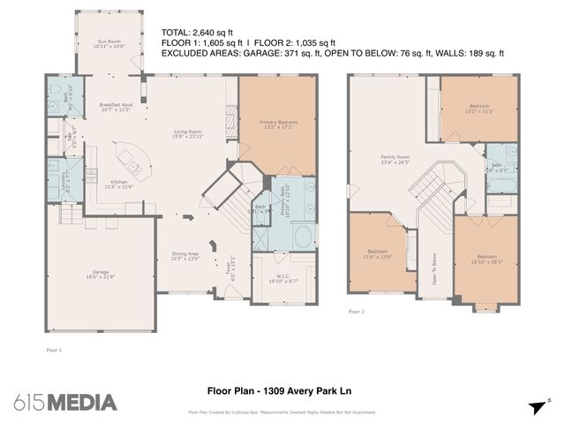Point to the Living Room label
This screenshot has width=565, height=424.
coord(188,135)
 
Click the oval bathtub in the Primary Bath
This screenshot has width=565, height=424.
coord(303,237)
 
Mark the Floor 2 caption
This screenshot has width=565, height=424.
coord(357,312)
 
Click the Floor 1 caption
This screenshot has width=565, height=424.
coord(54,350)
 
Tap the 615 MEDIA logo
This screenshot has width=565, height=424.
coord(65,401)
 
